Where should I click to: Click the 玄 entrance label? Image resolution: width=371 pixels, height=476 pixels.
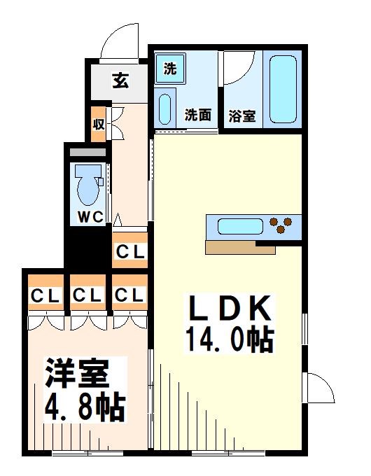[120, 81]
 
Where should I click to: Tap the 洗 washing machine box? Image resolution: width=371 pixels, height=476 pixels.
[169, 69]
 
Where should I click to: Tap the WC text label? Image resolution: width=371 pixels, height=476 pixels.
[90, 218]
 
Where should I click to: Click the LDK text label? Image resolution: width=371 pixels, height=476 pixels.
[227, 309]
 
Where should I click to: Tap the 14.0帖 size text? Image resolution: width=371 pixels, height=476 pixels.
[229, 341]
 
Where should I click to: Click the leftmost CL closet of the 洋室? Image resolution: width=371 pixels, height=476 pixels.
[44, 295]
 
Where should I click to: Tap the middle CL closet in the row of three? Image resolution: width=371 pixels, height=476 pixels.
[87, 295]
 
